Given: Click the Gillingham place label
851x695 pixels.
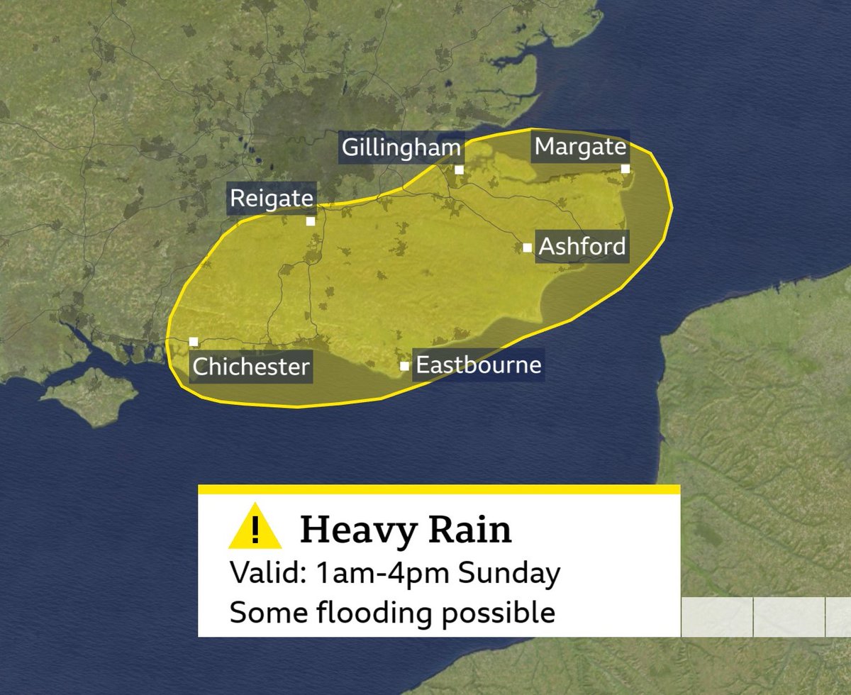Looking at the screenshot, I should (x=401, y=148).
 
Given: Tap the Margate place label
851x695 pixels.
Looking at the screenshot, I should (x=581, y=147).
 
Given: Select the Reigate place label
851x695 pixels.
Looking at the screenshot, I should (x=272, y=199).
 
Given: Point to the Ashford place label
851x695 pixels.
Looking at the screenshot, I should (x=583, y=247).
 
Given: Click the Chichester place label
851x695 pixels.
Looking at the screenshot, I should (x=252, y=367).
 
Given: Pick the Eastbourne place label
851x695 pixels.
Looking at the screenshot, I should (x=479, y=365).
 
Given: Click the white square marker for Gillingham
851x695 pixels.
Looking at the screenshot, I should (x=460, y=169).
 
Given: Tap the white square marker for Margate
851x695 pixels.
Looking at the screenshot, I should (x=625, y=168).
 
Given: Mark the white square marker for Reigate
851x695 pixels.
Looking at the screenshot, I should (x=311, y=221).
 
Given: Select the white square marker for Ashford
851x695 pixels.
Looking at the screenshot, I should (x=527, y=248).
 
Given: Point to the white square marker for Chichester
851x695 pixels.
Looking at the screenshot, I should (x=194, y=342).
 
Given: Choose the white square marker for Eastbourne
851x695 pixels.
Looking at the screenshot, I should (x=404, y=366).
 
